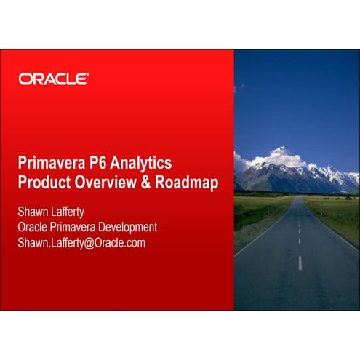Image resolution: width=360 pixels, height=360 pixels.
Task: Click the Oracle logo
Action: (x=55, y=79)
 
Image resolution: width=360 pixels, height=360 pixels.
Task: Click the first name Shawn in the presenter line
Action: (x=34, y=212)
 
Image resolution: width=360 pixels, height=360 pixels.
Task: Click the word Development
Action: (x=124, y=227)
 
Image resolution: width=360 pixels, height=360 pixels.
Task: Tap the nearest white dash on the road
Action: (x=300, y=263)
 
